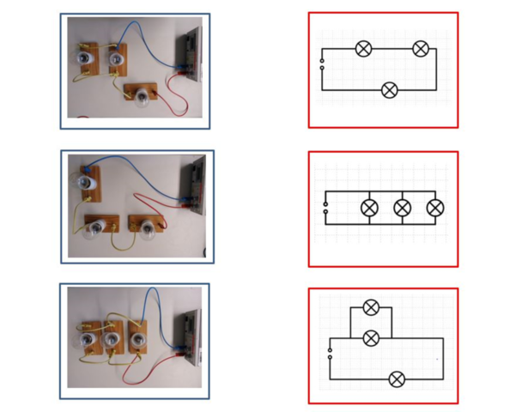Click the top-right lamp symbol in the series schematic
(x=420, y=49)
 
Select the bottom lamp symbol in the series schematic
(x=390, y=89)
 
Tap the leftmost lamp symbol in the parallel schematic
(x=369, y=208)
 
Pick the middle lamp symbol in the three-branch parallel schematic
(x=403, y=208)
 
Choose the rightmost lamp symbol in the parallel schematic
(x=435, y=208)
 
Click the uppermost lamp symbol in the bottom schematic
(x=371, y=307)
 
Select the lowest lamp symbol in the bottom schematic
(x=397, y=379)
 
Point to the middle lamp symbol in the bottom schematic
(x=371, y=338)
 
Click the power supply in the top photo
(x=189, y=53)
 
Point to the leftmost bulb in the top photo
(x=86, y=57)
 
